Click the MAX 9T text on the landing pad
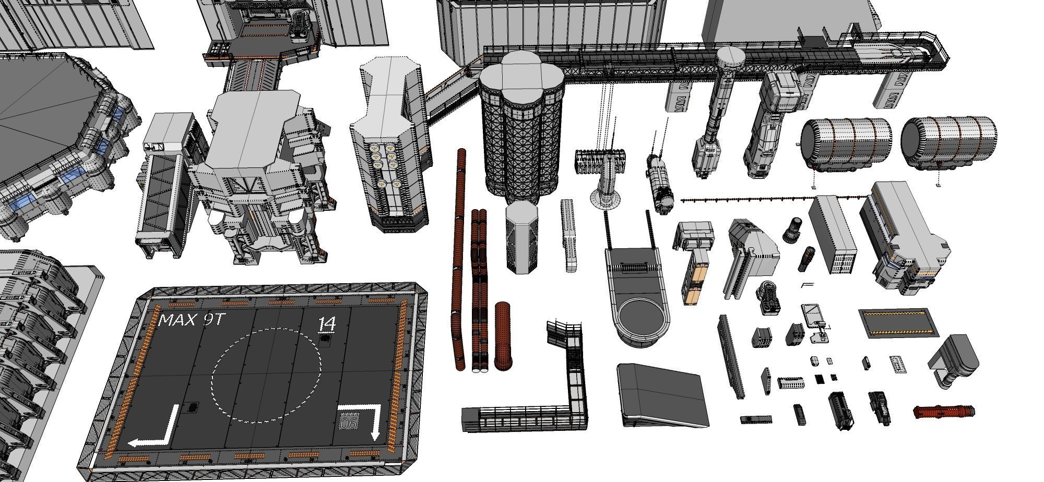click(x=191, y=320)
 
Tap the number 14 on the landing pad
click(x=327, y=324)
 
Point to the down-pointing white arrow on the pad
click(x=368, y=417)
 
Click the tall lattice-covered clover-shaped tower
click(x=521, y=130)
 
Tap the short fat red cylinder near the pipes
click(x=502, y=336)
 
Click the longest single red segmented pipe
click(x=459, y=261)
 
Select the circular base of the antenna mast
click(x=605, y=198)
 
